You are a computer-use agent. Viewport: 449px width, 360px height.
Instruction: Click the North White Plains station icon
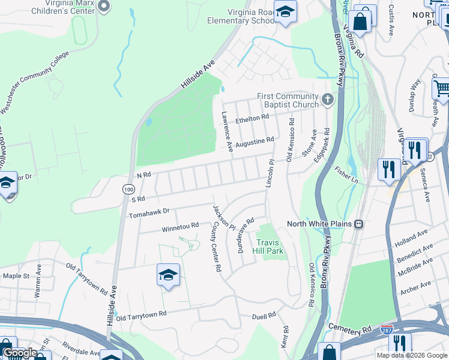tap(359, 224)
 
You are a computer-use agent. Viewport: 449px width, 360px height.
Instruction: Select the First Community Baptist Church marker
tap(327, 100)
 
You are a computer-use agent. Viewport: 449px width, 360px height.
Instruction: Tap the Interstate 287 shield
tap(387, 330)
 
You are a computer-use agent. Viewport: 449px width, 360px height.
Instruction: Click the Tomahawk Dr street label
tap(150, 212)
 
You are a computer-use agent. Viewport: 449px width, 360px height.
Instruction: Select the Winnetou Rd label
tap(180, 227)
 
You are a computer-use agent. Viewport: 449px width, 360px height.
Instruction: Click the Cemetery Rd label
tap(351, 329)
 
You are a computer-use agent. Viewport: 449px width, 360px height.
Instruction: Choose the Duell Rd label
tap(264, 314)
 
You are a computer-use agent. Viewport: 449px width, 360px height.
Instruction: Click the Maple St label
tap(16, 276)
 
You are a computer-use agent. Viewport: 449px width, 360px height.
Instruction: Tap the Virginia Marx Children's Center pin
tap(104, 6)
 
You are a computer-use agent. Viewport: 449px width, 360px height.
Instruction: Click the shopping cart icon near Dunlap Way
tap(441, 89)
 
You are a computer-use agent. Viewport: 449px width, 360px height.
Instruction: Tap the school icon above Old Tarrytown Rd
tap(169, 275)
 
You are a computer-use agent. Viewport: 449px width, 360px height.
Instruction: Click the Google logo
tap(20, 353)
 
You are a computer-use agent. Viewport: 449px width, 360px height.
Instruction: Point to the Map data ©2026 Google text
tap(412, 355)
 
